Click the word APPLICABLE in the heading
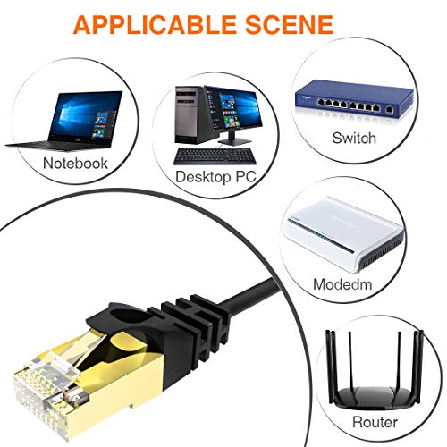(155, 24)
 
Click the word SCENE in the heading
(290, 24)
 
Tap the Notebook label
(75, 164)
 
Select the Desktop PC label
(215, 177)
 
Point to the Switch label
(354, 139)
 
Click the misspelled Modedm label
(342, 284)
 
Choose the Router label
(375, 422)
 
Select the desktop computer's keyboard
(215, 156)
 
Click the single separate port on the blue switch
(389, 110)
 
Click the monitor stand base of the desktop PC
(234, 142)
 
